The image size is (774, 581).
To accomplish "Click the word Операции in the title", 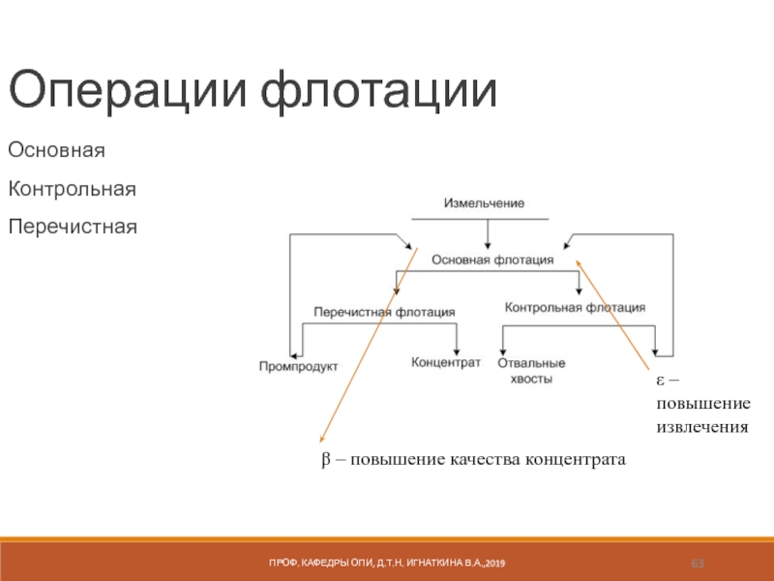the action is pyautogui.click(x=126, y=91).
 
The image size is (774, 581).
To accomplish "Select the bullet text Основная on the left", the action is pyautogui.click(x=56, y=152).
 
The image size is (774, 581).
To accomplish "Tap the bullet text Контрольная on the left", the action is pyautogui.click(x=72, y=189).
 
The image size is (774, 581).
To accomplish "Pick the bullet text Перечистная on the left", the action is pyautogui.click(x=73, y=227).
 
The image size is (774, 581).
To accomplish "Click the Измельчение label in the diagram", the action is pyautogui.click(x=484, y=203).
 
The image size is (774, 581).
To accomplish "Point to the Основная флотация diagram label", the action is pyautogui.click(x=492, y=260).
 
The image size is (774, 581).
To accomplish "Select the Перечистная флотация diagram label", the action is pyautogui.click(x=384, y=312).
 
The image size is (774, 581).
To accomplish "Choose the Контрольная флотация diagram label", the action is pyautogui.click(x=575, y=307).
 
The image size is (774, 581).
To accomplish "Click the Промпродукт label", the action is pyautogui.click(x=298, y=365).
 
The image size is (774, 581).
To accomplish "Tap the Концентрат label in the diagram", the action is pyautogui.click(x=446, y=361).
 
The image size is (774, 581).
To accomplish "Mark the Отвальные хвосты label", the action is pyautogui.click(x=531, y=371).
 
